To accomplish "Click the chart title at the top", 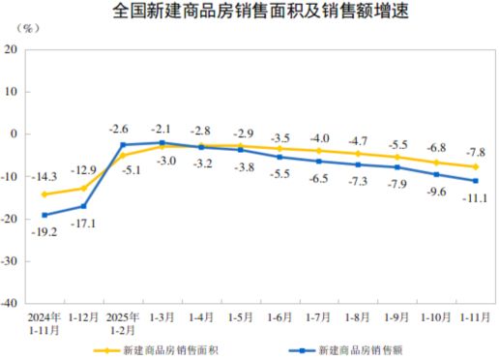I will [249, 12].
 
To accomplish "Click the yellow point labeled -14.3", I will [44, 194].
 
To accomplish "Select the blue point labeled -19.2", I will [44, 215].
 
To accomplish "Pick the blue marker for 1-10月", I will [436, 174].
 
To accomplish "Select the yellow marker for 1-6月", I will [279, 148].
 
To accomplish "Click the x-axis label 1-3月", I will [161, 315].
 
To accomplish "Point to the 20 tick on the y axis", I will [22, 49].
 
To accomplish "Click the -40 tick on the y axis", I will [19, 303].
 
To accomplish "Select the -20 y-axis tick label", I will [19, 218].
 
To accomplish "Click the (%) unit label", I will [28, 28].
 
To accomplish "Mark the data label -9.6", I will [436, 192].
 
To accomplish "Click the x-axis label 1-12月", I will [83, 315].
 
